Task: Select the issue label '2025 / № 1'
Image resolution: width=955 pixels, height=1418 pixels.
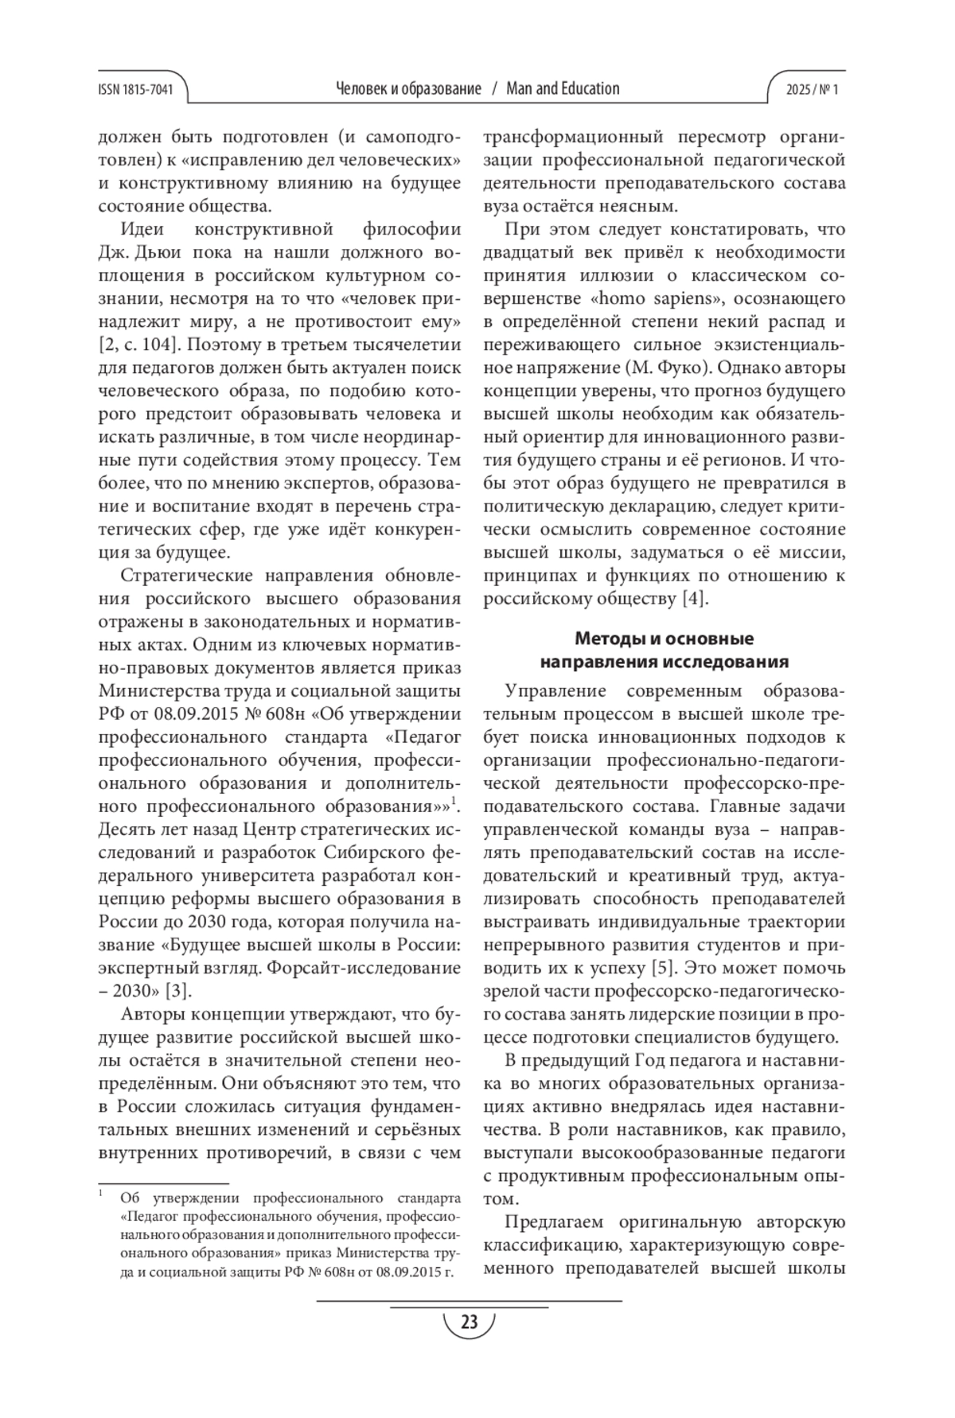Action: click(x=813, y=89)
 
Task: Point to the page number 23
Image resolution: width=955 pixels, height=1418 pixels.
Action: click(x=469, y=1323)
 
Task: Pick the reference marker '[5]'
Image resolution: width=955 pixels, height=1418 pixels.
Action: click(x=664, y=968)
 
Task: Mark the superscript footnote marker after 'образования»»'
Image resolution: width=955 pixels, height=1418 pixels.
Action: click(x=454, y=801)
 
